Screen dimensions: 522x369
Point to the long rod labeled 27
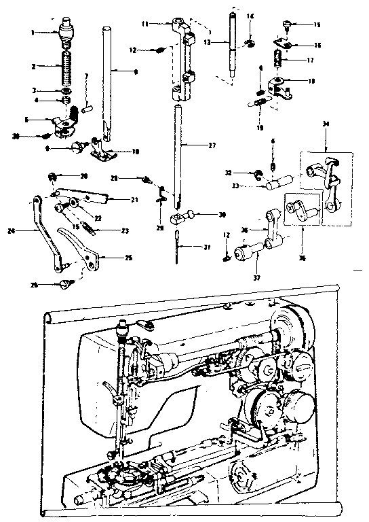point(178,150)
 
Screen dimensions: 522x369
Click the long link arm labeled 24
point(44,231)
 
